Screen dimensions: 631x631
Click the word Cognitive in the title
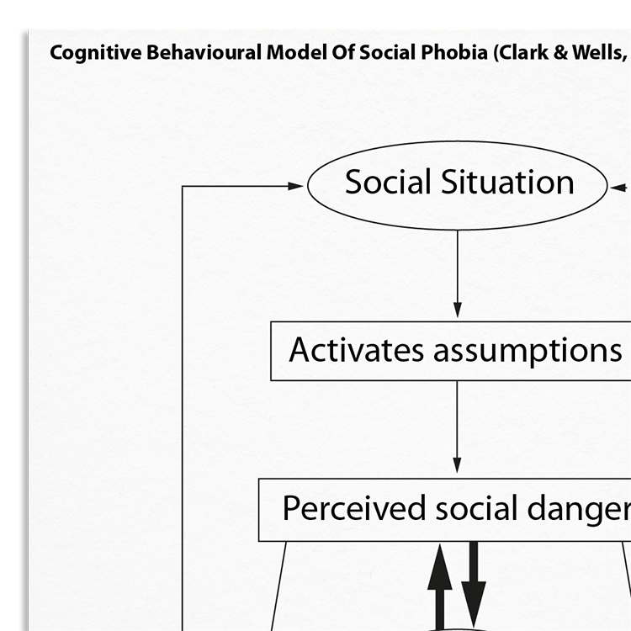[96, 53]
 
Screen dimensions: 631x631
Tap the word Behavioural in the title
[204, 52]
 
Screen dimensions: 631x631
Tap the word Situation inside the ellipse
[507, 182]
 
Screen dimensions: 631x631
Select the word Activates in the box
[356, 350]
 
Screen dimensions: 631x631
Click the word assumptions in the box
[528, 352]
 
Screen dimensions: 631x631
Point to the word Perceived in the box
[354, 507]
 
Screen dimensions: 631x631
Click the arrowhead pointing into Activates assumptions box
[457, 309]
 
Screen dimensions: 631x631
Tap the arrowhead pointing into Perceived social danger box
[457, 464]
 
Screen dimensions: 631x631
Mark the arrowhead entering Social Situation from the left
[295, 186]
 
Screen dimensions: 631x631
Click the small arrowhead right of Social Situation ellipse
[618, 187]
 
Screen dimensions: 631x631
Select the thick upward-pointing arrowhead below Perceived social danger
[439, 566]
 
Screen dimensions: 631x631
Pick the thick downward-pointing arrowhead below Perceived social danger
[474, 603]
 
